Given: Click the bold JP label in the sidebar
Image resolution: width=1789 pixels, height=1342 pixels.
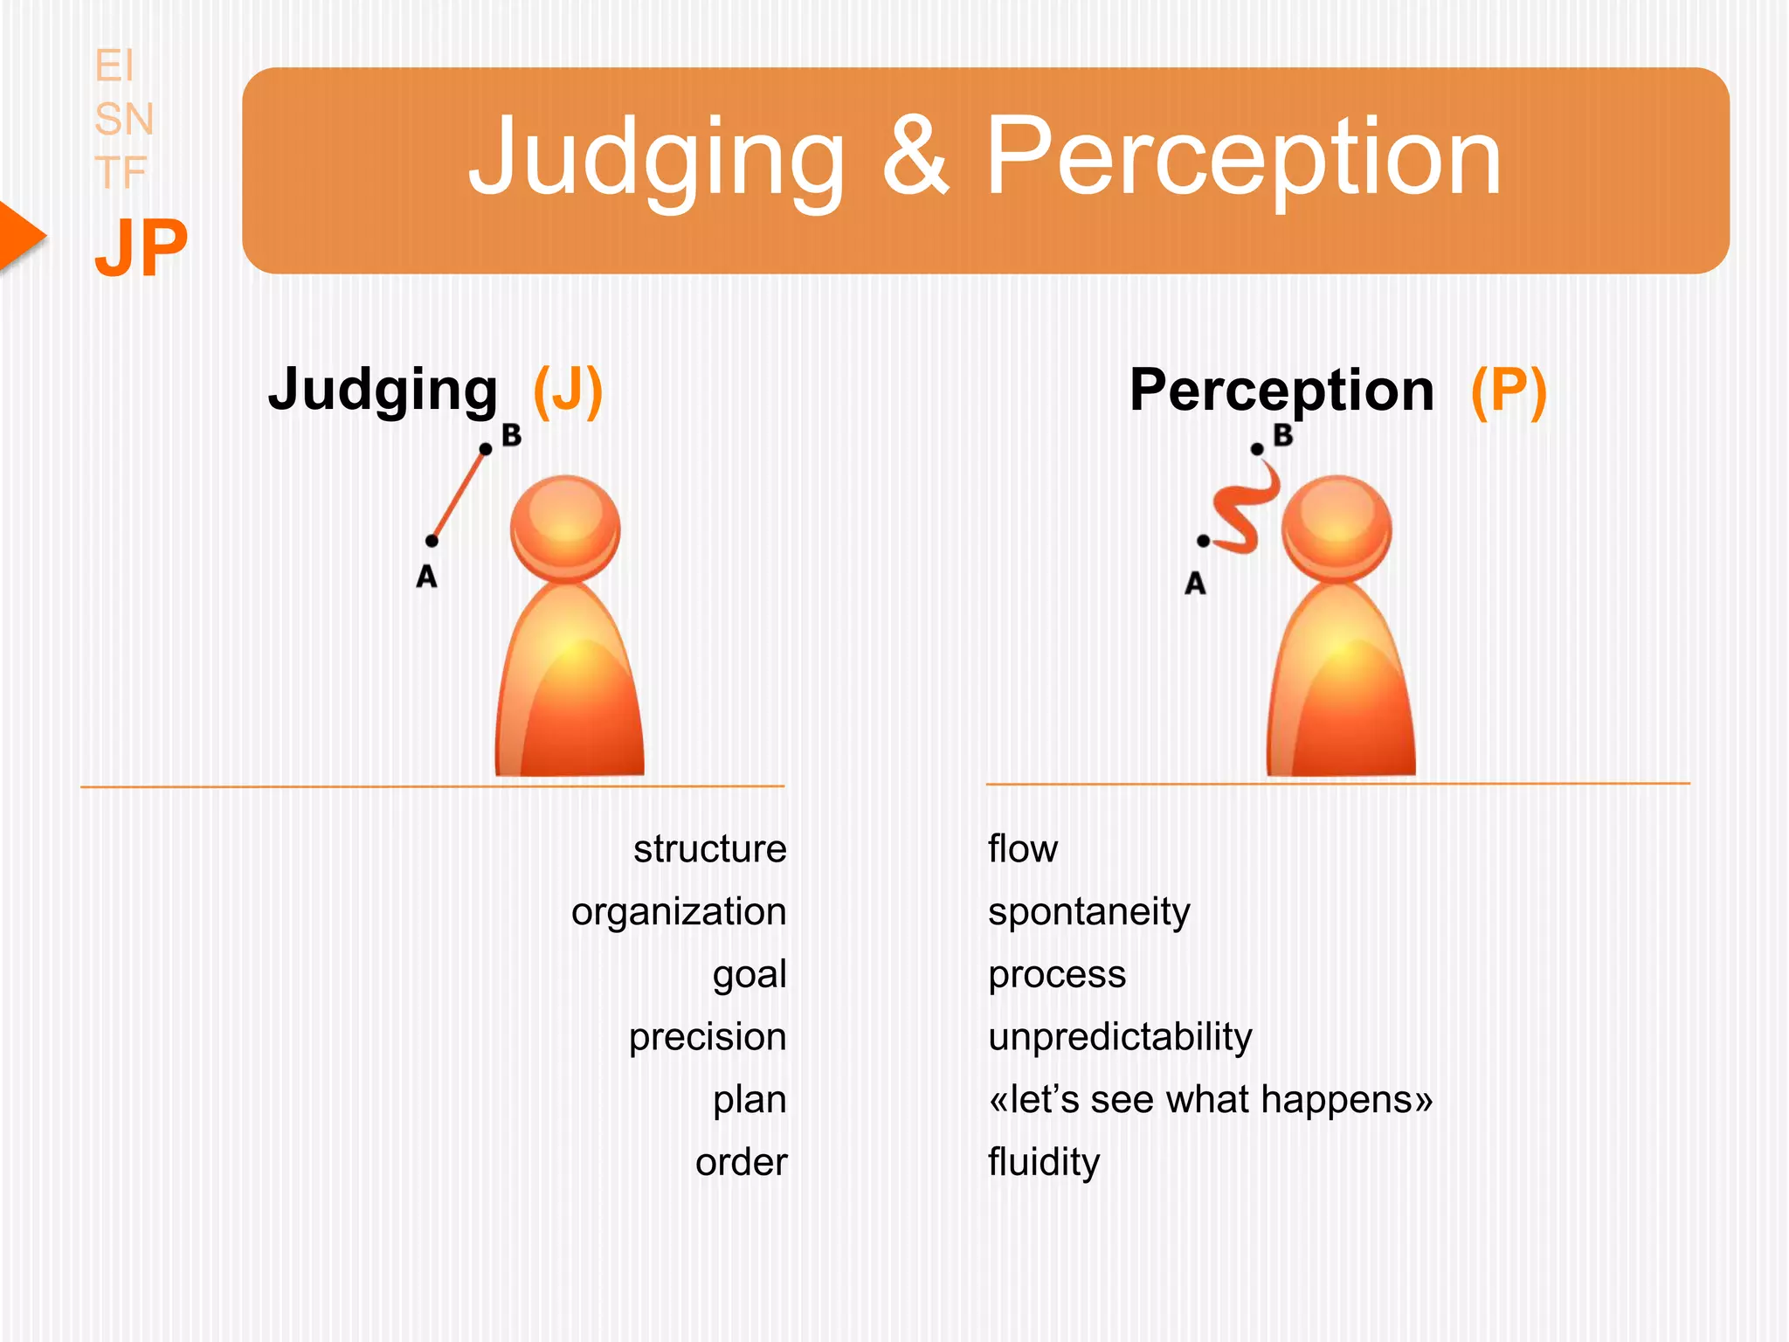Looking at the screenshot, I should coord(141,248).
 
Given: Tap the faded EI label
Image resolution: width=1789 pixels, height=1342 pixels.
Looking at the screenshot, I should coord(114,66).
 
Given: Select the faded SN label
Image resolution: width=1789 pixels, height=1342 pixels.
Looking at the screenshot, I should coord(124,119).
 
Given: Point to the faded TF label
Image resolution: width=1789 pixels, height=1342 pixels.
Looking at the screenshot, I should coord(121,172).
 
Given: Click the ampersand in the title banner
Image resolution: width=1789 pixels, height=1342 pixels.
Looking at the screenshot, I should coord(915,158).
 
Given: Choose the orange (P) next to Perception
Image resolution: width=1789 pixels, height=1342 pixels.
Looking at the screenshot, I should coord(1509,391).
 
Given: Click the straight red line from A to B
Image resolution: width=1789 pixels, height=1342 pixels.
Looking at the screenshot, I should coord(459,495).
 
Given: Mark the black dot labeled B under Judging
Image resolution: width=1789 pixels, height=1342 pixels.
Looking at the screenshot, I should coord(486,449).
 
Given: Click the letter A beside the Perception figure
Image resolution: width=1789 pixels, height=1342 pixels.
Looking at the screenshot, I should coord(1195,583).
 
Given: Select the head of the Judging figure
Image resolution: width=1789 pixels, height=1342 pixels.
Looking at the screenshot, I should coord(566,527).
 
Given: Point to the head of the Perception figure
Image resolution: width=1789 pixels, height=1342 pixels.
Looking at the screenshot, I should coord(1337,527).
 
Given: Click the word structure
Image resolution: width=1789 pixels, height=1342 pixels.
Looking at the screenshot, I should coord(709,849).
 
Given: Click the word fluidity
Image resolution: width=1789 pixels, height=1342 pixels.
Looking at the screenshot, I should coord(1044,1163).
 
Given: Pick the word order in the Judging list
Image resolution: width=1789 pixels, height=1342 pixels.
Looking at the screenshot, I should coord(741,1163).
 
